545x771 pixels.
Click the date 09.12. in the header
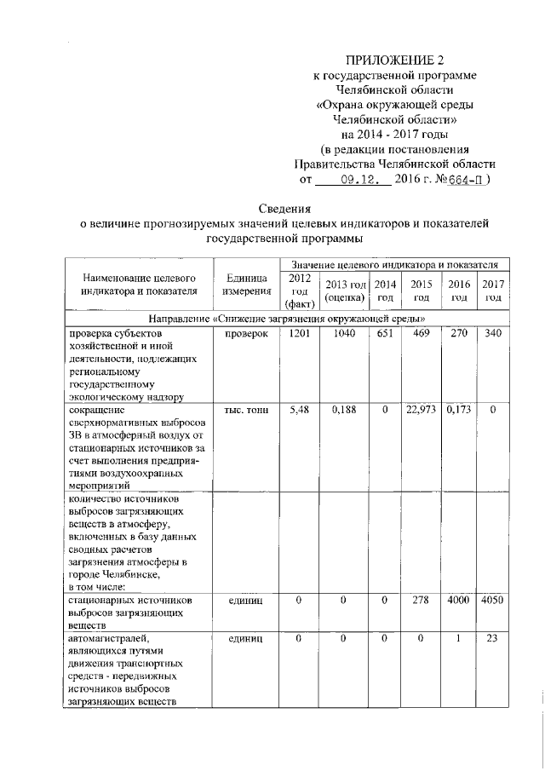coord(353,180)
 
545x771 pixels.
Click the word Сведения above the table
coord(285,209)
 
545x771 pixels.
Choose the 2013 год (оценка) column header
coord(345,291)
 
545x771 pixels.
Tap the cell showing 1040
coord(345,333)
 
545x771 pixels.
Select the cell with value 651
coord(385,333)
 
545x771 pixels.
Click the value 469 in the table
coord(421,333)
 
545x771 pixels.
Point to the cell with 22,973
coord(422,411)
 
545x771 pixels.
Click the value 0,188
coord(345,411)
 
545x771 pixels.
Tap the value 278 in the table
coord(421,601)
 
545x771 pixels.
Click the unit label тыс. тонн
coord(247,411)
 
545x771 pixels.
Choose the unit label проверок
coord(247,333)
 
